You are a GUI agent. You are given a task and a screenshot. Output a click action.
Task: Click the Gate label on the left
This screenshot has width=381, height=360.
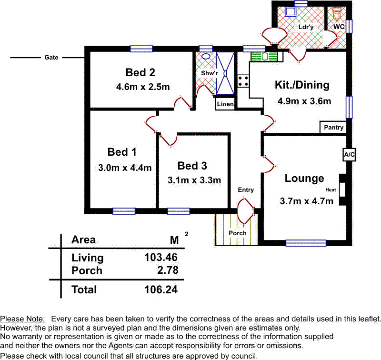point(51,58)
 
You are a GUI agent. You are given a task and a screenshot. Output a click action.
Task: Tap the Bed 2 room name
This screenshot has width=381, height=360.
point(140,72)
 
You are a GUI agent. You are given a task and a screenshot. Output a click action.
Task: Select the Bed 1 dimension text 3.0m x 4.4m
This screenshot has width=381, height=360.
point(125,168)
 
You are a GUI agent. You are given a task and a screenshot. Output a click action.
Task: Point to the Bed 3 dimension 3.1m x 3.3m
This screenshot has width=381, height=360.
point(194,180)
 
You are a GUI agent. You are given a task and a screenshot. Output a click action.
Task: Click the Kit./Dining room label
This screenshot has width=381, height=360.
point(302,85)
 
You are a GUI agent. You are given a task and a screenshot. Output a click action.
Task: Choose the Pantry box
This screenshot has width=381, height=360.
point(333,128)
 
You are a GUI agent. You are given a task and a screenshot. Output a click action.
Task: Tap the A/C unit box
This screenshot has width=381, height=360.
point(349,155)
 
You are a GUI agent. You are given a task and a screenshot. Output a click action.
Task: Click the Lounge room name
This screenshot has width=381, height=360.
point(304,179)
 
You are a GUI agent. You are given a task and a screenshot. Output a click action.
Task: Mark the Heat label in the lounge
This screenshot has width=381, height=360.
point(331,190)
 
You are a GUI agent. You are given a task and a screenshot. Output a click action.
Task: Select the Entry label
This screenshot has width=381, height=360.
point(246,190)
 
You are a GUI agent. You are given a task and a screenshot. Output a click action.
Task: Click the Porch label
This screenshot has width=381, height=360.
point(237,233)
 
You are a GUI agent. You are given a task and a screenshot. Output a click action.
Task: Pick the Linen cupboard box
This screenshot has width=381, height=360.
point(225,104)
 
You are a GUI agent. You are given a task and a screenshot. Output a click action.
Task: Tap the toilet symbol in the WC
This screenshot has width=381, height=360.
point(338,13)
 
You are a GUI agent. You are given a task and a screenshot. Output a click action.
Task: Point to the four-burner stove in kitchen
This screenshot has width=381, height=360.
point(244,81)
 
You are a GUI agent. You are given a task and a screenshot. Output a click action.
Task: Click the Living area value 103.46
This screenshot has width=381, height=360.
point(161,258)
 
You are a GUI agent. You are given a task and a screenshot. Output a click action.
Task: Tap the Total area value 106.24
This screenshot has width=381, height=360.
point(161,290)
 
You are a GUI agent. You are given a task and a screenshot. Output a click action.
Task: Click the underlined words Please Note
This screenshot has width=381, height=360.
point(23,319)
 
